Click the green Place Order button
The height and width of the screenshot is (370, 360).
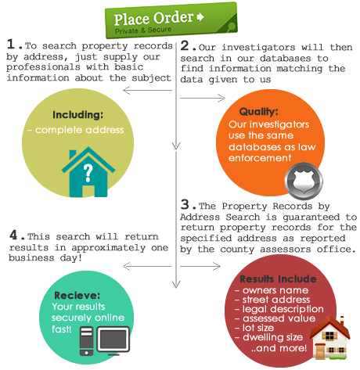click(171, 20)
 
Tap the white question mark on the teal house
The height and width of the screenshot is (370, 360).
click(88, 173)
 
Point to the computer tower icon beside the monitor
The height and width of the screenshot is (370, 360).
click(86, 341)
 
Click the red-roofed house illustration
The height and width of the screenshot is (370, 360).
click(330, 337)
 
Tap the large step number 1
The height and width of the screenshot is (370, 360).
click(11, 44)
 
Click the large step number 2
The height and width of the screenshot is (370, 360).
click(185, 45)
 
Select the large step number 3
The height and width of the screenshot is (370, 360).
click(185, 204)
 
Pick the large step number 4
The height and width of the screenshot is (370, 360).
click(13, 235)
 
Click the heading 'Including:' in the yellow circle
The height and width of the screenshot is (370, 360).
click(78, 115)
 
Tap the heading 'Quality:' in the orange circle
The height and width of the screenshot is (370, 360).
click(259, 112)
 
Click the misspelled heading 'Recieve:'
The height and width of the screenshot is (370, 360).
click(77, 296)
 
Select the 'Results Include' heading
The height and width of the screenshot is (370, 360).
click(278, 279)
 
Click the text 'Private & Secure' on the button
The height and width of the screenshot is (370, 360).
click(143, 31)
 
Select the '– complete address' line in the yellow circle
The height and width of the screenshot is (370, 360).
click(76, 130)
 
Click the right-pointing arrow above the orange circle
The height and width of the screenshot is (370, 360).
click(203, 99)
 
